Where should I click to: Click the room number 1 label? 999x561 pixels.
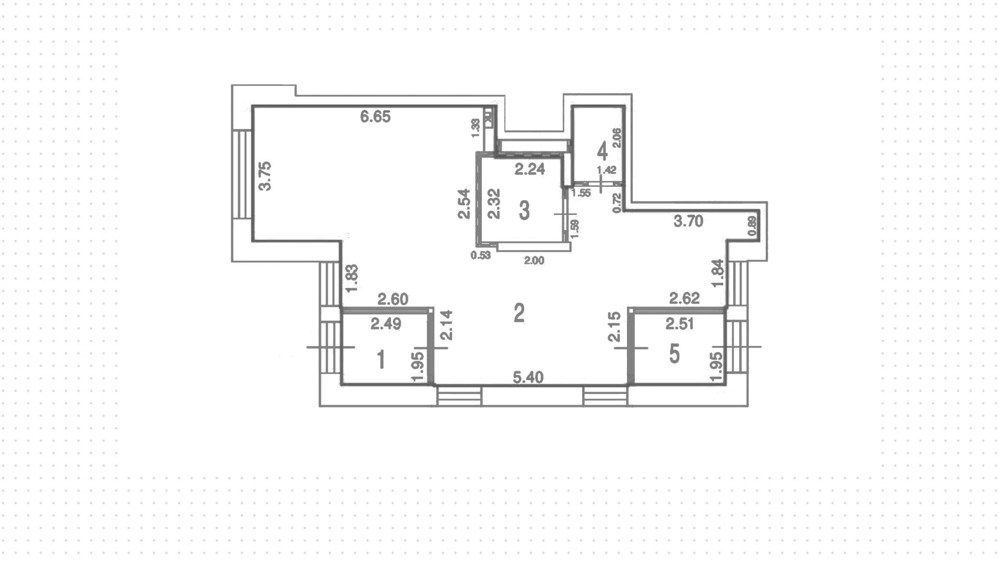point(381,360)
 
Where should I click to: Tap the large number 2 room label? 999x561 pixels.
point(519,313)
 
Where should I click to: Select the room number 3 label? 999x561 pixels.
point(524,211)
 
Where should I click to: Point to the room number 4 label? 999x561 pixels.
point(602,151)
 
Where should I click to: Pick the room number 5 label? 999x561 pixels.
point(674,354)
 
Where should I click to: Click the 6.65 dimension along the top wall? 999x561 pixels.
point(375,117)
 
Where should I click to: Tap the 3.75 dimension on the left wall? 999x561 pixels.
point(265,176)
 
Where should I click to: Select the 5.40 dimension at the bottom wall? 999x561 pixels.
point(528,377)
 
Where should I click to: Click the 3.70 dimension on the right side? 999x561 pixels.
point(688,222)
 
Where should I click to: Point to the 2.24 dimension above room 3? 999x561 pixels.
point(529,169)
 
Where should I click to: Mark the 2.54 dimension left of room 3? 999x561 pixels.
point(465,203)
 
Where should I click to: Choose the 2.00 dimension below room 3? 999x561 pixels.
point(534,261)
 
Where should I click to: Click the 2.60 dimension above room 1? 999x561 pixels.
point(393,299)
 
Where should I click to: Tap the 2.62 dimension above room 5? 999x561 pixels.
point(684,298)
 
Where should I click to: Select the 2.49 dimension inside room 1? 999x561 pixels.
point(386,324)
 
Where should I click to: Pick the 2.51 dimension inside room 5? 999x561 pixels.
point(680,324)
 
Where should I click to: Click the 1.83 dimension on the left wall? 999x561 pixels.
point(352,279)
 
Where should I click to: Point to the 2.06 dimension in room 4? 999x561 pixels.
point(617,138)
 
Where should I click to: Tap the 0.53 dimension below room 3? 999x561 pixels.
point(480,255)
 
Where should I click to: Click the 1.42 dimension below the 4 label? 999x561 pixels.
point(606,170)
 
